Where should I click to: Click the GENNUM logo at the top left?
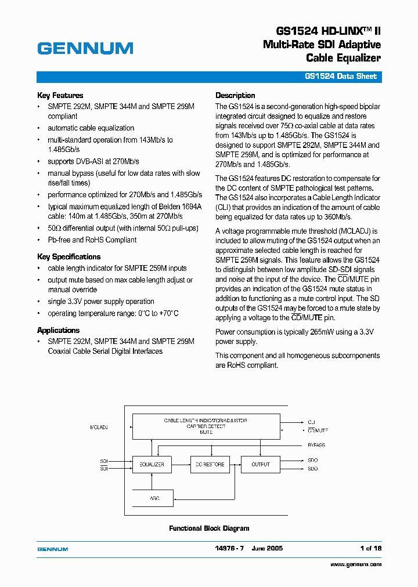[85, 49]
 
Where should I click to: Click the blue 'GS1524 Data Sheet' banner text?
[341, 77]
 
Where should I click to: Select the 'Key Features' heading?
[60, 96]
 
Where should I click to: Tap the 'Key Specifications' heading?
[69, 257]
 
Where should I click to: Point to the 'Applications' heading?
[58, 331]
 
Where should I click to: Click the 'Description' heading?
[235, 96]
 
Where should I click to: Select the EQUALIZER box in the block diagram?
[152, 465]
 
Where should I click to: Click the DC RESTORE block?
[210, 465]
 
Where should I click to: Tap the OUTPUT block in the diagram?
[261, 465]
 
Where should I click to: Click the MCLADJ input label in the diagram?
[99, 427]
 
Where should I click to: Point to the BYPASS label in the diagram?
[316, 445]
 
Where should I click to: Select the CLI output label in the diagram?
[311, 422]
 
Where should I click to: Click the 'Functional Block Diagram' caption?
[209, 528]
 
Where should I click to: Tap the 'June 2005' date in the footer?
[267, 548]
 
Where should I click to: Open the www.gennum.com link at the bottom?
[356, 564]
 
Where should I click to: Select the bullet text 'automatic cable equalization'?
[91, 128]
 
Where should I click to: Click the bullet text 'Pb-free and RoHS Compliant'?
[92, 240]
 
